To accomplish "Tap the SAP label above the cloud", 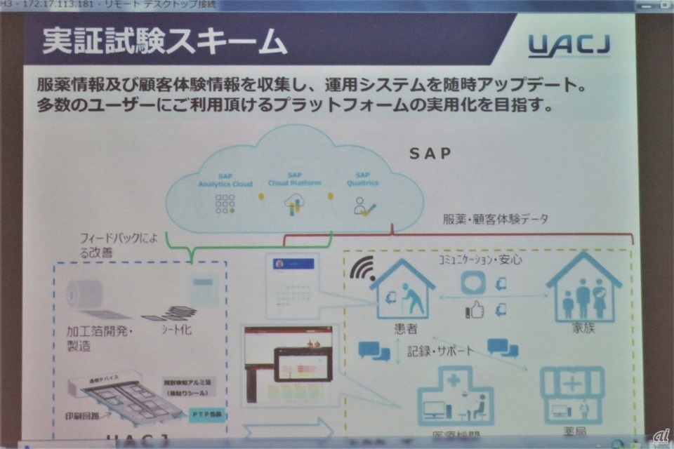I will pyautogui.click(x=431, y=152).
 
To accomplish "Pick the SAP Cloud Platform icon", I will pyautogui.click(x=293, y=203).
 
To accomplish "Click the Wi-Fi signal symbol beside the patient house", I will pyautogui.click(x=363, y=269).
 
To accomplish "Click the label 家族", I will pyautogui.click(x=583, y=328).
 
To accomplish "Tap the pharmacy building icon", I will pyautogui.click(x=571, y=393).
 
